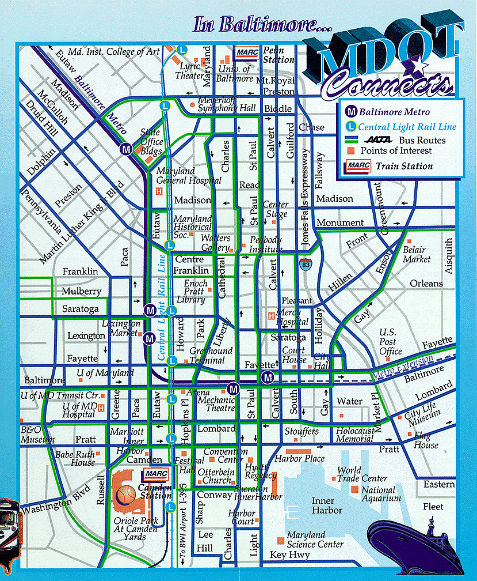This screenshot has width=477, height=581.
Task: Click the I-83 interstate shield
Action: [304, 265]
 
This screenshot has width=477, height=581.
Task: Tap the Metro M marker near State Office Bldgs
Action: [126, 149]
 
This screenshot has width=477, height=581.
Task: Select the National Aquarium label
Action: [378, 494]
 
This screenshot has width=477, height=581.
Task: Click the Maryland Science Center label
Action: [314, 539]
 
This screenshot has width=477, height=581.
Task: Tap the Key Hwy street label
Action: [290, 555]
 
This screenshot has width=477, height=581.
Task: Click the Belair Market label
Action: [416, 254]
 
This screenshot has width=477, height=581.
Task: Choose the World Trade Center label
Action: [362, 474]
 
